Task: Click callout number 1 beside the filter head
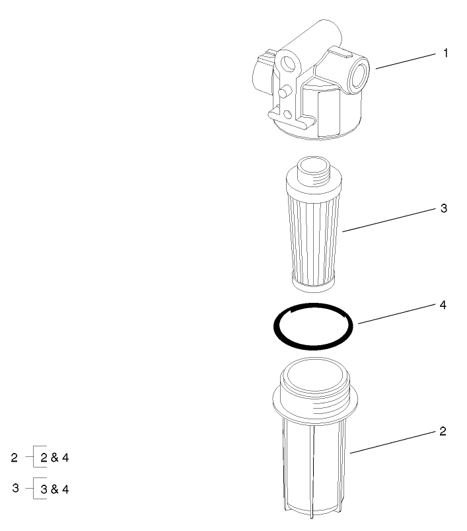445,54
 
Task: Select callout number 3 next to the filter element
444,208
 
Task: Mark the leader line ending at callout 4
392,315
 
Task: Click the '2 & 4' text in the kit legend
55,458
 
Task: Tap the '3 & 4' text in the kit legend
55,489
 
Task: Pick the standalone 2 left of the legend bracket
15,457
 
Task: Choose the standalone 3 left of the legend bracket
15,488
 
